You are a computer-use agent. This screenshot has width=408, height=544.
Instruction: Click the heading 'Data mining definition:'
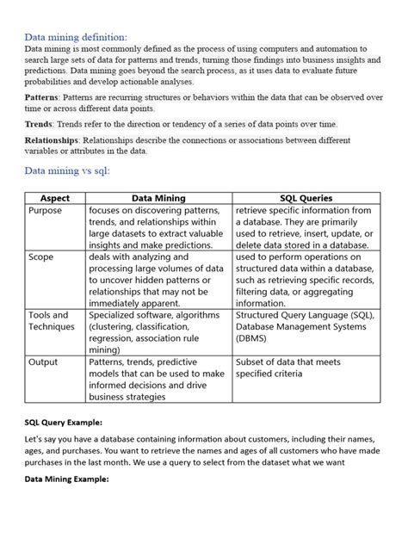(75, 38)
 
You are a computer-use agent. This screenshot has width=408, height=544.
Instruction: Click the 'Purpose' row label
(46, 211)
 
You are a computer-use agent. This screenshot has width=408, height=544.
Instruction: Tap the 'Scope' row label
(41, 257)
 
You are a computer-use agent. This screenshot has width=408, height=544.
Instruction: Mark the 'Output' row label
(44, 362)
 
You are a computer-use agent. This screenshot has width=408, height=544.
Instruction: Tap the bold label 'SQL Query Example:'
(63, 423)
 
